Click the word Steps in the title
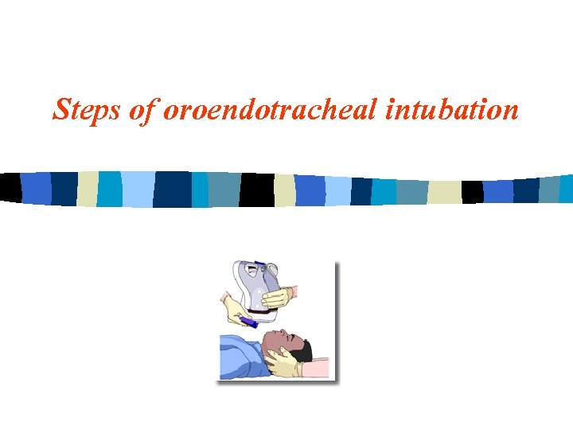pos(87,109)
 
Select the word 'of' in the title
pos(144,109)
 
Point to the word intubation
pos(451,109)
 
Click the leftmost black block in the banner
pos(10,187)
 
